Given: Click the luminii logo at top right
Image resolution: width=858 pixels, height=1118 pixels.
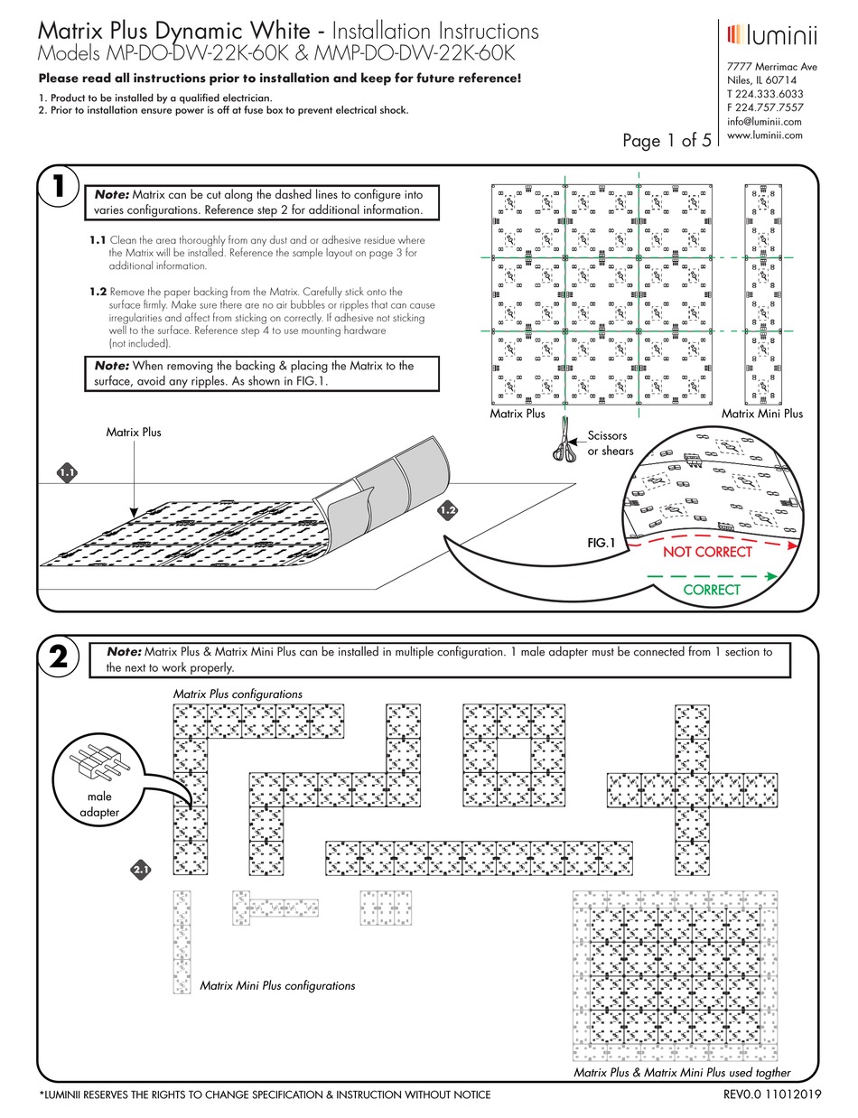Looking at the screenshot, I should [x=771, y=35].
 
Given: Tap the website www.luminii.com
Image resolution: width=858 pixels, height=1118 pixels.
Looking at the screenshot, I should [x=765, y=135].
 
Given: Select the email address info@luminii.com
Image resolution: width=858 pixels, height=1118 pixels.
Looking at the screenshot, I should [x=764, y=122].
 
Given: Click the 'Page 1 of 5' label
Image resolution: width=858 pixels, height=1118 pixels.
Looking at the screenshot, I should [x=667, y=140].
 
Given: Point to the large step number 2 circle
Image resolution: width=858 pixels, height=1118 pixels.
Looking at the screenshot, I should [x=59, y=658].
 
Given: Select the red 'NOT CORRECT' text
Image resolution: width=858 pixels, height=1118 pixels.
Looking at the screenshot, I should [x=707, y=552].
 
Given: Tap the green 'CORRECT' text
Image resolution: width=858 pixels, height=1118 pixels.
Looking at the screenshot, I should [x=711, y=590].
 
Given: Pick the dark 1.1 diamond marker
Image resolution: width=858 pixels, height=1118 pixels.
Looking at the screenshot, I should [x=68, y=472].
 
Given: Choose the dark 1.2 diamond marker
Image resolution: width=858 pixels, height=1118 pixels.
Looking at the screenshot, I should [x=448, y=511].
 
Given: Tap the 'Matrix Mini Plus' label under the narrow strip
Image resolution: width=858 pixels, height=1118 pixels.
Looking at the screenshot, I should [x=761, y=414].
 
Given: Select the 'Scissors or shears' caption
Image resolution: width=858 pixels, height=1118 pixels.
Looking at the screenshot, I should [x=611, y=443].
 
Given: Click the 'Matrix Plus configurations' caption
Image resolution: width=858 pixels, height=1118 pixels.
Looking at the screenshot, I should [x=238, y=693].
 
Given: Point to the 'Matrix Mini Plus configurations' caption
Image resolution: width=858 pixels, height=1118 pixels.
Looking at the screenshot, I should [x=276, y=985].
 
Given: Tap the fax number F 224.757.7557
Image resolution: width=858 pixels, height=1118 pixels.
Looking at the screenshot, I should [x=765, y=107].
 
